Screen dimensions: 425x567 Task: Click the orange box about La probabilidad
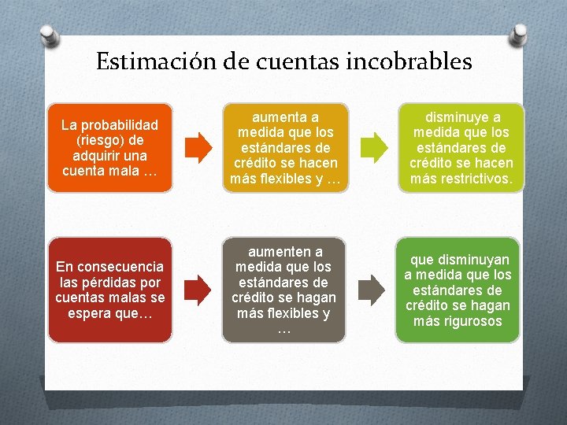coord(109,148)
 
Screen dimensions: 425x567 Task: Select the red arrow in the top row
coord(199,147)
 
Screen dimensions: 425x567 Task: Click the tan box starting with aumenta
coord(284,147)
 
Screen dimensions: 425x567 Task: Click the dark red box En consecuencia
coord(109,290)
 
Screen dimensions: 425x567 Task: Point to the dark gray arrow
coord(372,290)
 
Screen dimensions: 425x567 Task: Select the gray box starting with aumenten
coord(284,290)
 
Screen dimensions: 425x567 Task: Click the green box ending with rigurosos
coord(458,290)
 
